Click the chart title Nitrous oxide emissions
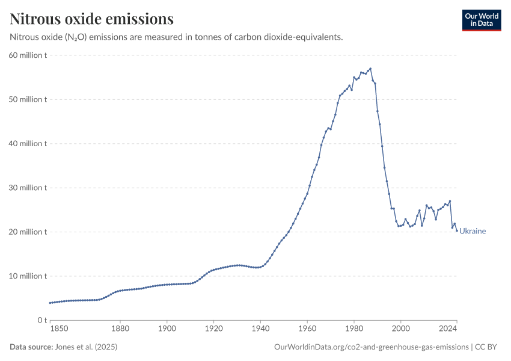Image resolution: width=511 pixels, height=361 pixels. pos(92,19)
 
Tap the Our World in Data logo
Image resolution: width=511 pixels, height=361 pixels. pos(481,20)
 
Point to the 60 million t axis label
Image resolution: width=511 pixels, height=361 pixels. pos(28,55)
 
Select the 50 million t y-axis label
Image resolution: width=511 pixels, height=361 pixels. pos(28,99)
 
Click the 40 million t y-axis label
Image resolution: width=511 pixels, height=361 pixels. pos(28,144)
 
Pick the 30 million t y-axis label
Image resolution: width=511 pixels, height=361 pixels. pos(28,188)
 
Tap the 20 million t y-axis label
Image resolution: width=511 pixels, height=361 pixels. pos(28,232)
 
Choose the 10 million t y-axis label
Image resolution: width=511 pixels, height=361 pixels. pos(28,276)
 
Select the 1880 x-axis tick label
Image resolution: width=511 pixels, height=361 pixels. pos(120,329)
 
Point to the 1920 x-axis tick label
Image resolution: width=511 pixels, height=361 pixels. pos(213,329)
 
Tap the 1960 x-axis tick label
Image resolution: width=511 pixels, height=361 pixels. pos(307,329)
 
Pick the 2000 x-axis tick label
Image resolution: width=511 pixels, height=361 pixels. pos(400,329)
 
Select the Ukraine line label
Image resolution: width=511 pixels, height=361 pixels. pos(473,231)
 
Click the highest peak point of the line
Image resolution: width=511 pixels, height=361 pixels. pos(370,69)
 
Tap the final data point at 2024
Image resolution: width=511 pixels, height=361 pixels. pos(457,230)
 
